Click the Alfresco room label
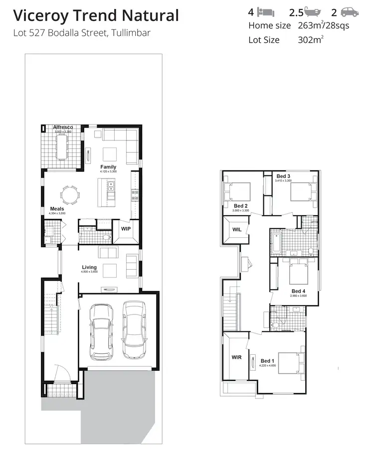coord(63,127)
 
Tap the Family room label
coord(108,167)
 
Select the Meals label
coord(57,209)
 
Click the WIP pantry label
coord(126,229)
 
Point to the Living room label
coord(89,268)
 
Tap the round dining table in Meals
coord(70,194)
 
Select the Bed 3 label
coord(283,176)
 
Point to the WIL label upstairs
coord(236,230)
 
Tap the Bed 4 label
coord(298,291)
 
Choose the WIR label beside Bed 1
coord(236,357)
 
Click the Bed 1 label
coord(267,361)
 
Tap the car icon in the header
coord(350,11)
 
